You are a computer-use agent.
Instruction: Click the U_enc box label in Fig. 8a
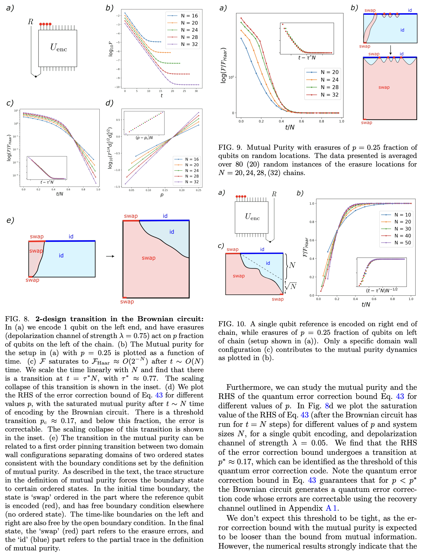tap(58, 48)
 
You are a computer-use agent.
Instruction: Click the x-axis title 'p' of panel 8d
tap(162, 195)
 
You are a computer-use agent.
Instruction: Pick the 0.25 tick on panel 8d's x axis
tap(199, 190)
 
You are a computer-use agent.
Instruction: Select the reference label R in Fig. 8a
tap(31, 22)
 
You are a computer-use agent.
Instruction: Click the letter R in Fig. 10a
tap(274, 194)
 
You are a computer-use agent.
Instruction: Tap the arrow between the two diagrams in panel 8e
tap(110, 256)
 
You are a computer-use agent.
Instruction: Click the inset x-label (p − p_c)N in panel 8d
tap(144, 138)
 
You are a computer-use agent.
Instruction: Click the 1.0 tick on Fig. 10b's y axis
tap(312, 204)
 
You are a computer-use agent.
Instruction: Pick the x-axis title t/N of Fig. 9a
tap(290, 127)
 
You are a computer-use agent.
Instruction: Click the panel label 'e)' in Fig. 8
tap(10, 220)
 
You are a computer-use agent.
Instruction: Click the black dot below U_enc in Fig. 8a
tap(36, 76)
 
